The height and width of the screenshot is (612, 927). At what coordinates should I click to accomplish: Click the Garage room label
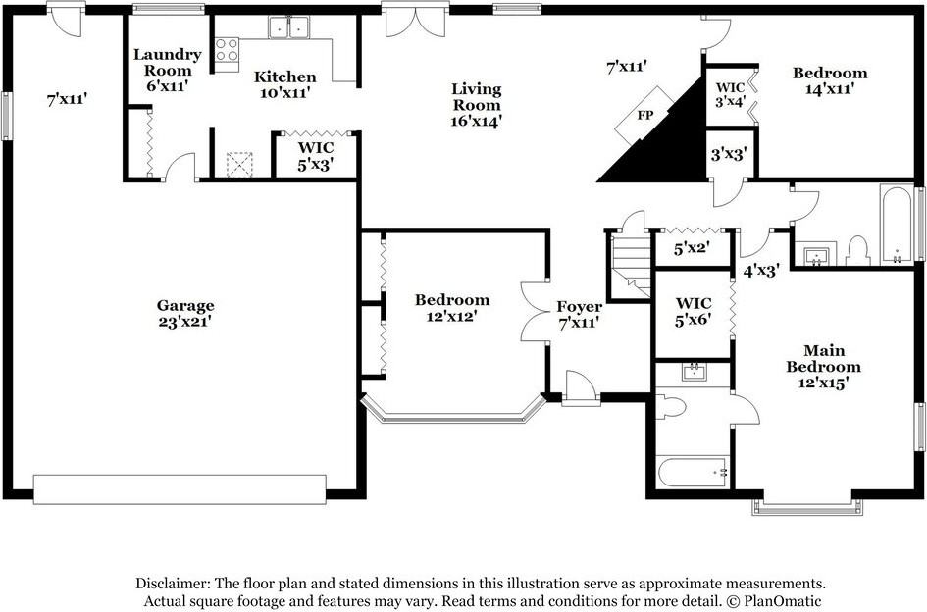[184, 313]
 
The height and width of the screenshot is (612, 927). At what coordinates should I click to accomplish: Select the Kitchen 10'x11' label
[284, 84]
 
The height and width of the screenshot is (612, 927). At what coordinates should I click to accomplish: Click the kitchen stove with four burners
[227, 50]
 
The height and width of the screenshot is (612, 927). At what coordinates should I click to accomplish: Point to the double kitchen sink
[287, 27]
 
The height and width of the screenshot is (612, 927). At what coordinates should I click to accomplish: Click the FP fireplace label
[644, 115]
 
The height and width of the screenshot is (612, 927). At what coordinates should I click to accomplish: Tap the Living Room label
[476, 105]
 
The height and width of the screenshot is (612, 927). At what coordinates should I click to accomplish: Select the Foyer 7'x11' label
[579, 314]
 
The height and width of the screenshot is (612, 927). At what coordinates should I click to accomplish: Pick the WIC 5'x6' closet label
[694, 312]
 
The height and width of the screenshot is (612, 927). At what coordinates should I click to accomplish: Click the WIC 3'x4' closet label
[730, 94]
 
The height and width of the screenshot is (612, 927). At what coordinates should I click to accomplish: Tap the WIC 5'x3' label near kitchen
[316, 156]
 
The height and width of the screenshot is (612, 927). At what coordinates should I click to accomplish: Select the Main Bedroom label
[823, 366]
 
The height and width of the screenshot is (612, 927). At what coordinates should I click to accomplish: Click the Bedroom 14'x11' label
[830, 80]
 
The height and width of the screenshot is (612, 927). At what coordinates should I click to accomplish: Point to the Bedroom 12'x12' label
[451, 307]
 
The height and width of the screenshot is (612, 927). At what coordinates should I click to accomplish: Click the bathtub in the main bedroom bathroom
[693, 473]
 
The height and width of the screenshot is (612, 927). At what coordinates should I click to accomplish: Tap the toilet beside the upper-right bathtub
[858, 250]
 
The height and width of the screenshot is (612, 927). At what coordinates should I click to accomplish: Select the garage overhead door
[180, 488]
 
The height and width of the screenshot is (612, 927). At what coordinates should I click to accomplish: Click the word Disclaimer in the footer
[173, 582]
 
